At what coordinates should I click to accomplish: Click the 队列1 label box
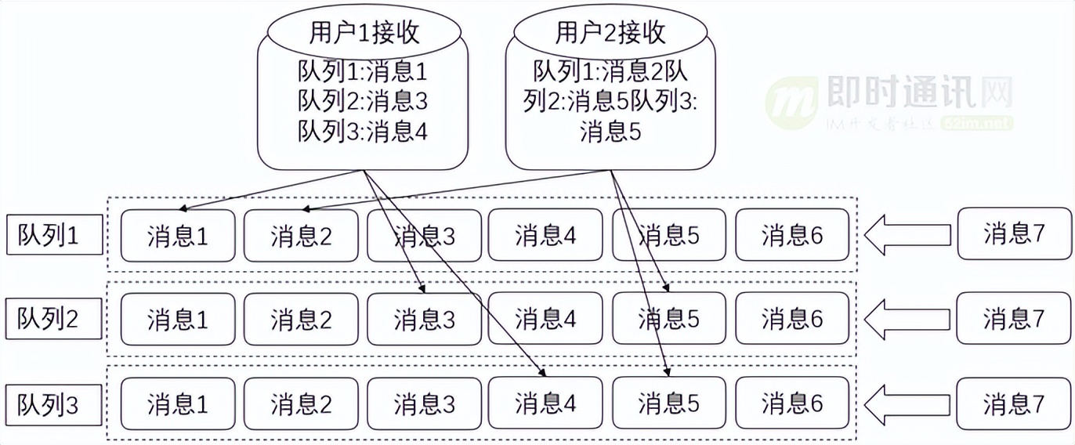(x=54, y=235)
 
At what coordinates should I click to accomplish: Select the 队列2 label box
(x=54, y=318)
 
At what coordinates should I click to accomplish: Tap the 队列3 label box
(x=54, y=404)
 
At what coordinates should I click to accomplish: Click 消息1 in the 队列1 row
(x=178, y=235)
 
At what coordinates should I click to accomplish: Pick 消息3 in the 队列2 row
(x=424, y=319)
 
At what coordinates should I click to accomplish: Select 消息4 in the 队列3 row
(x=545, y=403)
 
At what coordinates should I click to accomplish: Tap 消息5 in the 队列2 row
(x=669, y=319)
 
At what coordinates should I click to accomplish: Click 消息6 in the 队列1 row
(x=792, y=235)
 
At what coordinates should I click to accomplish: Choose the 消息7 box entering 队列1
(x=1014, y=233)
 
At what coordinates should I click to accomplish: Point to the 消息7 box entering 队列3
(x=1014, y=403)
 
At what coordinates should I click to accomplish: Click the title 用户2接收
(x=610, y=33)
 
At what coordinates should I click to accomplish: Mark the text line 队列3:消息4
(x=363, y=130)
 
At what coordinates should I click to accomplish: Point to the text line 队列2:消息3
(x=363, y=100)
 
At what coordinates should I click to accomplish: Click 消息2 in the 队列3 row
(x=301, y=403)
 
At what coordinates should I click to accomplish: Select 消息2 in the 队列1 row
(x=301, y=235)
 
